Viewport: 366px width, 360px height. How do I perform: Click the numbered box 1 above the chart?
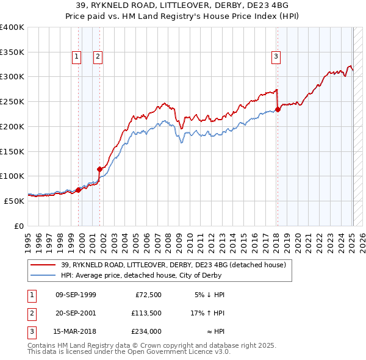pyautogui.click(x=77, y=57)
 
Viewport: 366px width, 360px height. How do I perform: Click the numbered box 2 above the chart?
pyautogui.click(x=98, y=57)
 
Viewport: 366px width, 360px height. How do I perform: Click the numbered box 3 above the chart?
pyautogui.click(x=276, y=57)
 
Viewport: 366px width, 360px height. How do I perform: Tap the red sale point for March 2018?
pyautogui.click(x=278, y=110)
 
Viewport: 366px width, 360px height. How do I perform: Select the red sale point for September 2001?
pyautogui.click(x=99, y=169)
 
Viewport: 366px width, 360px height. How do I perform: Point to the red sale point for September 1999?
pyautogui.click(x=78, y=190)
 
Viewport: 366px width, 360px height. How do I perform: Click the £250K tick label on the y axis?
pyautogui.click(x=12, y=101)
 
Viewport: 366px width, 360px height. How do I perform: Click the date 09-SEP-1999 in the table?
pyautogui.click(x=76, y=295)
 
